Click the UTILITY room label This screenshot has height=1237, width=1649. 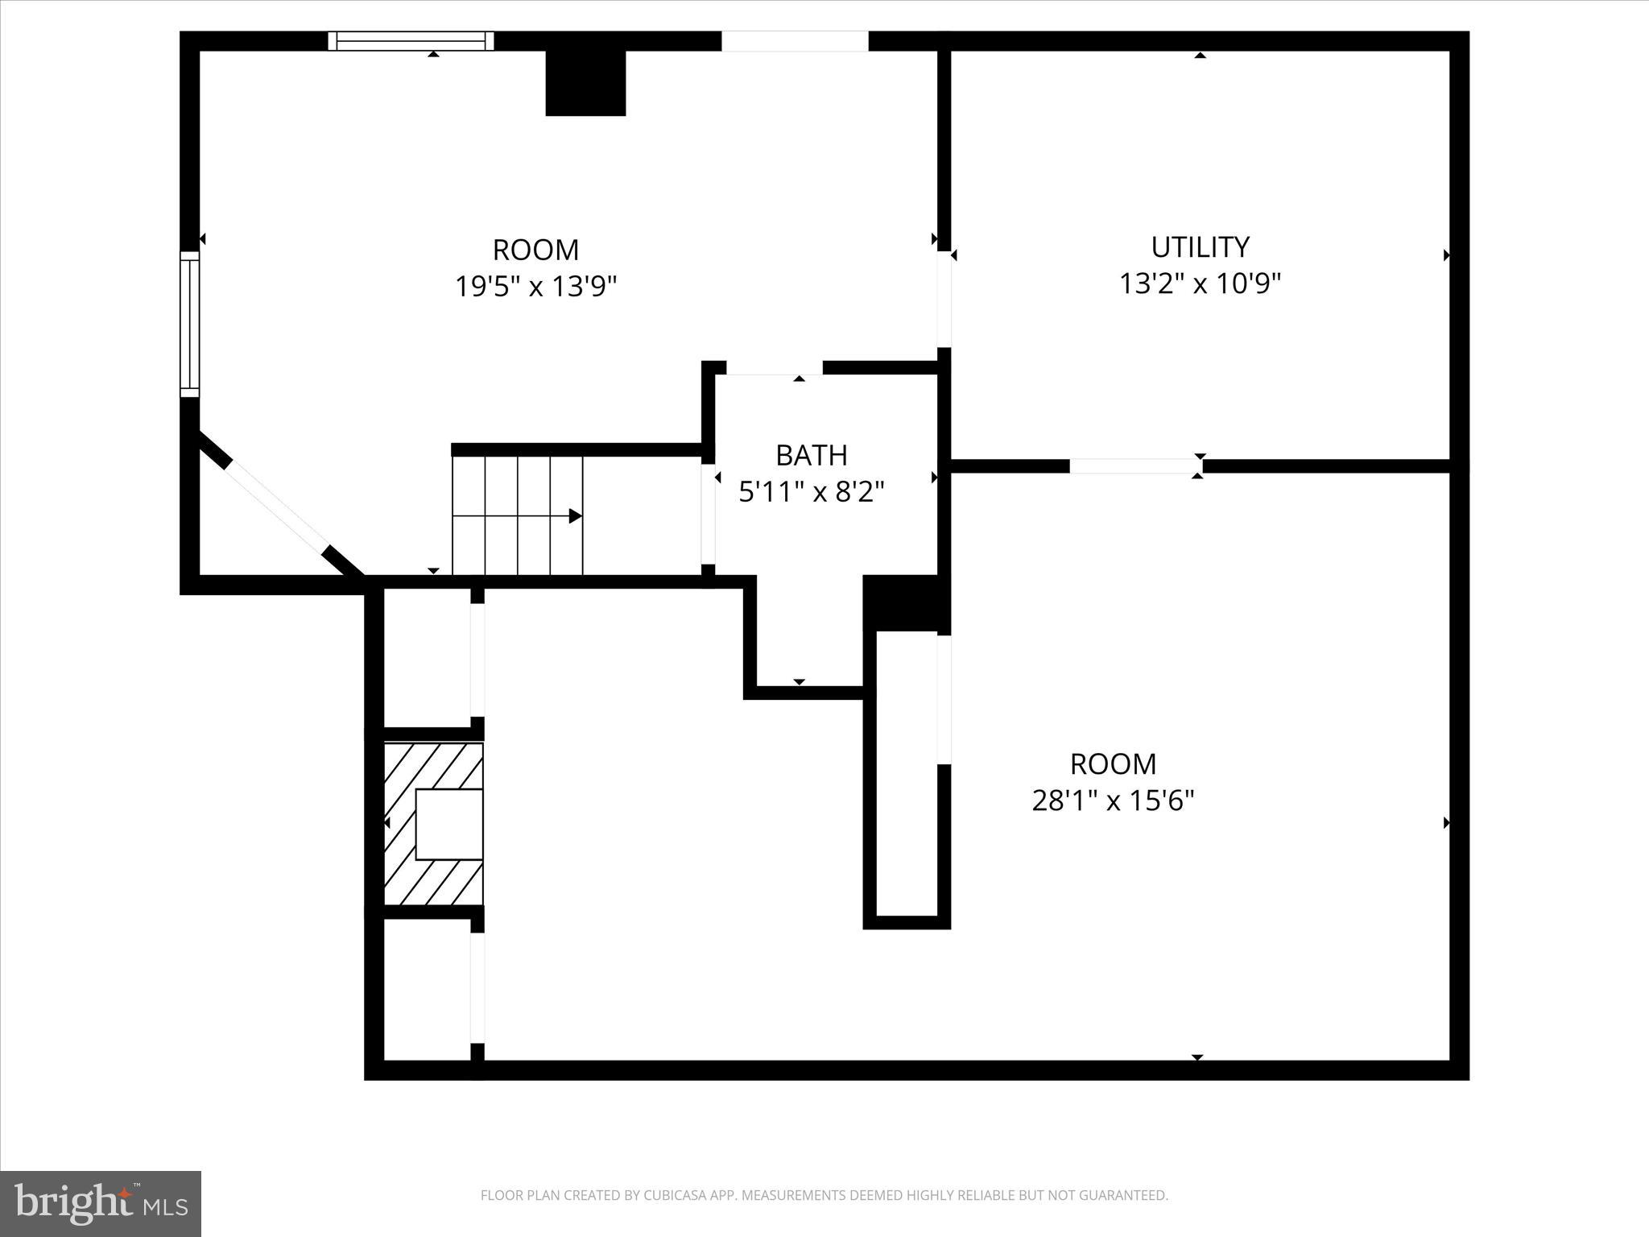1200,246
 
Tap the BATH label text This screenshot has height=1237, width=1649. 811,455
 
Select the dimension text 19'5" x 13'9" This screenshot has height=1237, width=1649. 535,286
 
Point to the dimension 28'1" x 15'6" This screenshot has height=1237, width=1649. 1113,801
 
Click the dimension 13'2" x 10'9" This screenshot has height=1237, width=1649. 1200,283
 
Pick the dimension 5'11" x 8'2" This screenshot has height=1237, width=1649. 811,491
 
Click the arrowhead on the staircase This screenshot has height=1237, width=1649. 575,516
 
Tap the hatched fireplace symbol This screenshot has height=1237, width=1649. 433,823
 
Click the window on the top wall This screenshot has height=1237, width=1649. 411,41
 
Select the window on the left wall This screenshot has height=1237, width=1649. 189,324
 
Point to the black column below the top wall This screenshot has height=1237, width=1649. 585,83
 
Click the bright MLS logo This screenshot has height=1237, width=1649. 100,1203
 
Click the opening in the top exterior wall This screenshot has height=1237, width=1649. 795,41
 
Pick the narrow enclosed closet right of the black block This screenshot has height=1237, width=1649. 907,773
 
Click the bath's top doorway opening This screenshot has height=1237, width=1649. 774,368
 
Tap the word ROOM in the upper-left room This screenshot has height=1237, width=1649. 535,250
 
